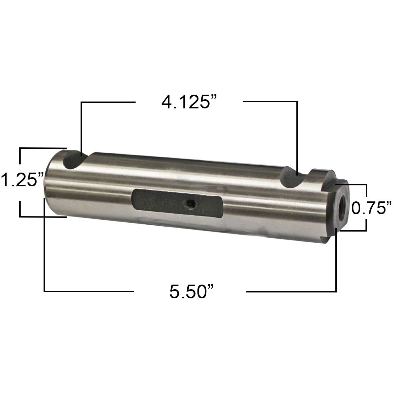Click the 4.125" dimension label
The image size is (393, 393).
tap(190, 102)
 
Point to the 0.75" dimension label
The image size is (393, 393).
tap(371, 208)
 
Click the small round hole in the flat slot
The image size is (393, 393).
tap(190, 205)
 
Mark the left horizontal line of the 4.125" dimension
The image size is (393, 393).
tap(108, 102)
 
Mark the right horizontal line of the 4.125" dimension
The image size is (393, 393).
tap(270, 102)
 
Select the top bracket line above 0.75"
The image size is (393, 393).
tap(352, 185)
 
